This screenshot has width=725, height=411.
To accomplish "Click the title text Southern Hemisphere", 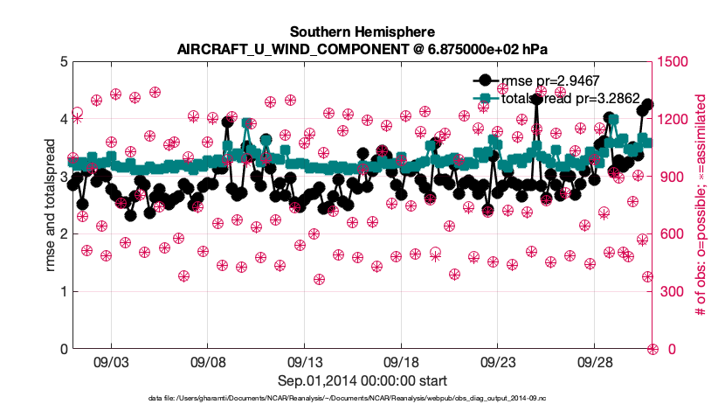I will [x=362, y=29].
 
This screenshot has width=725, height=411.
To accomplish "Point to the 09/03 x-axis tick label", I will [x=111, y=362].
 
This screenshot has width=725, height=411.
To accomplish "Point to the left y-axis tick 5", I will [x=62, y=62].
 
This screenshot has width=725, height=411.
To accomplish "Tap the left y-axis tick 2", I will [x=62, y=234].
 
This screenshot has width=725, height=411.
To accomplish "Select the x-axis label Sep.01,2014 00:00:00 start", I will [x=362, y=380].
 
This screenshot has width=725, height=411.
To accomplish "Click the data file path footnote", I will [x=362, y=399].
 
